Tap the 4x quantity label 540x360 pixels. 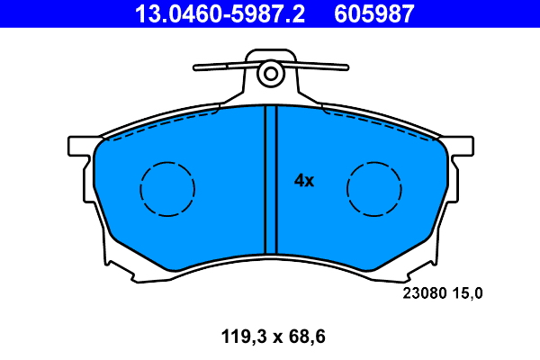tap(304, 181)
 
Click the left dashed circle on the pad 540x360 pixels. tap(167, 189)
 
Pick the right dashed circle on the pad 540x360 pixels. tap(374, 189)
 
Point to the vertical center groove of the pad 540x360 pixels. tap(265, 180)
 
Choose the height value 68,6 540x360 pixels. tap(304, 337)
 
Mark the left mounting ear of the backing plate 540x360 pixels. tap(79, 145)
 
